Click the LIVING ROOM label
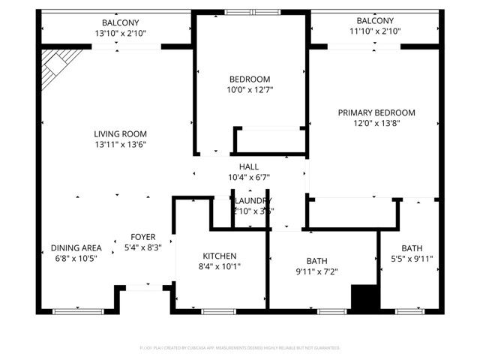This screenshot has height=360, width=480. click(x=120, y=133)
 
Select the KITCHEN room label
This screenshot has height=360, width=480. click(x=219, y=256)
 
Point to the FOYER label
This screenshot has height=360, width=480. click(x=143, y=237)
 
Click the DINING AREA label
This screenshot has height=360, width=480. click(x=76, y=248)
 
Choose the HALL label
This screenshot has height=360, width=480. click(x=249, y=166)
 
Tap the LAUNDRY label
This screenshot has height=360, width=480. click(x=252, y=201)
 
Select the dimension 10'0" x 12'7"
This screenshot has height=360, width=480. click(x=249, y=90)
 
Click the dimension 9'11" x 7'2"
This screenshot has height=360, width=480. click(x=316, y=271)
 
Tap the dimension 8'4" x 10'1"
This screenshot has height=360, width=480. click(x=219, y=266)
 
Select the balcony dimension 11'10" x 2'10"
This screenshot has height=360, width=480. click(x=374, y=31)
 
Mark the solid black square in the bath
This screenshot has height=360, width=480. click(x=364, y=298)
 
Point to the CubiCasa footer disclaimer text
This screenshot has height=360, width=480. click(x=240, y=348)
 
